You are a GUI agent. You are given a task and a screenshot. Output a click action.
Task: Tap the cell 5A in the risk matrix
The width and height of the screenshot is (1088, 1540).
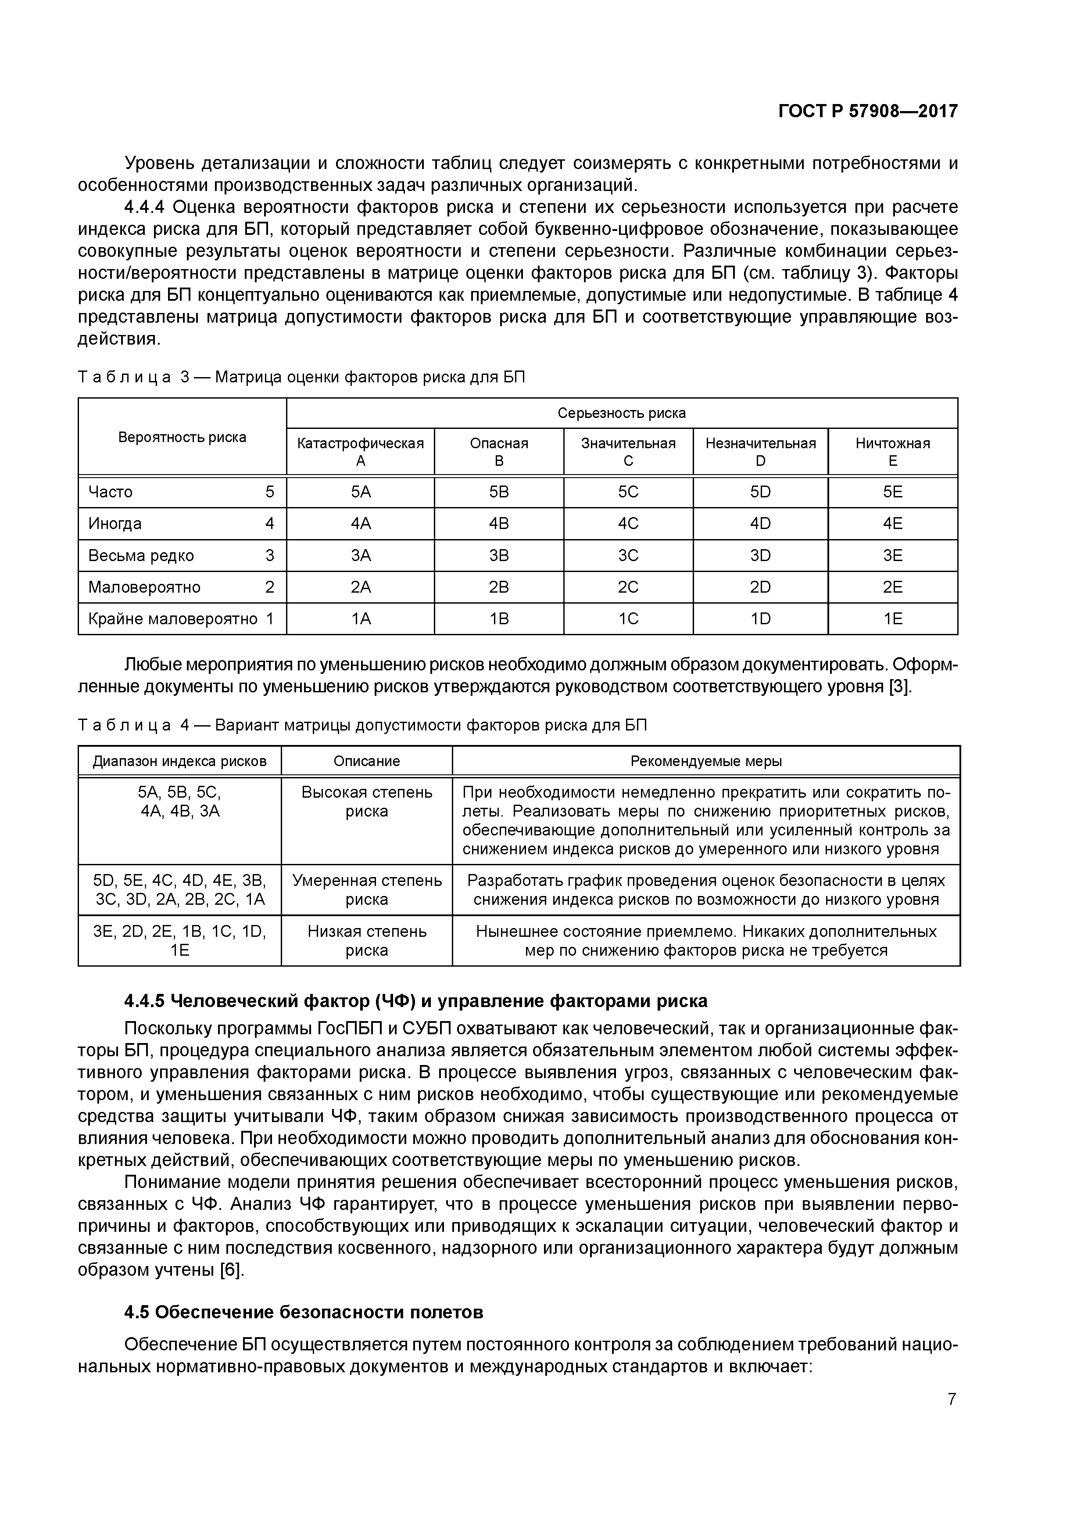[x=361, y=492]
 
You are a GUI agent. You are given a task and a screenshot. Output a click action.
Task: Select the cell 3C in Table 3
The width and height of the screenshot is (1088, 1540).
[x=628, y=555]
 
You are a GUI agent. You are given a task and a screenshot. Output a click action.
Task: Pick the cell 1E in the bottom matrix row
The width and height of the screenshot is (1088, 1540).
[x=892, y=619]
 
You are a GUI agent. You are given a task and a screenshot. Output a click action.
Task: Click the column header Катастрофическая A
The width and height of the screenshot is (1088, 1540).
[x=361, y=451]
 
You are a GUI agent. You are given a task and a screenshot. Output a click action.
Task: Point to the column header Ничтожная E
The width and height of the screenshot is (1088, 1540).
[x=892, y=451]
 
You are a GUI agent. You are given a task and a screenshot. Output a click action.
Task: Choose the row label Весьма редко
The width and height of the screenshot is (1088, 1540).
[x=141, y=555]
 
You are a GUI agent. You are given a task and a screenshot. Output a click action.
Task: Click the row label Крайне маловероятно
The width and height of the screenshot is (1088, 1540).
[x=173, y=619]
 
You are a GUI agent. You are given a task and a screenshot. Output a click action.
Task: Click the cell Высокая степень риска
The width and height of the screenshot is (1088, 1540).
[x=367, y=802]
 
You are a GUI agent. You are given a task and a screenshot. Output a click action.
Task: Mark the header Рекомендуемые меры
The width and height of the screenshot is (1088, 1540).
[x=706, y=761]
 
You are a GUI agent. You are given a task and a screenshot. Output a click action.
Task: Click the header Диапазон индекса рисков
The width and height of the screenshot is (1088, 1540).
[x=180, y=761]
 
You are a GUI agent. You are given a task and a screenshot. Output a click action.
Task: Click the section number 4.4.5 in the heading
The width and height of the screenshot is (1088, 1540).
[x=144, y=1001]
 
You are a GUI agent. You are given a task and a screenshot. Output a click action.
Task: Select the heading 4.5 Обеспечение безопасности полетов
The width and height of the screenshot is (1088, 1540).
[x=304, y=1312]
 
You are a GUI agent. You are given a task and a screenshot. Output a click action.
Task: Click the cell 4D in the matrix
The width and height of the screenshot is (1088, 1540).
[x=760, y=523]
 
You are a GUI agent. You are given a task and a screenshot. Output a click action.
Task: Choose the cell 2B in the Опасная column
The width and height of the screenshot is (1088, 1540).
[x=499, y=587]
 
